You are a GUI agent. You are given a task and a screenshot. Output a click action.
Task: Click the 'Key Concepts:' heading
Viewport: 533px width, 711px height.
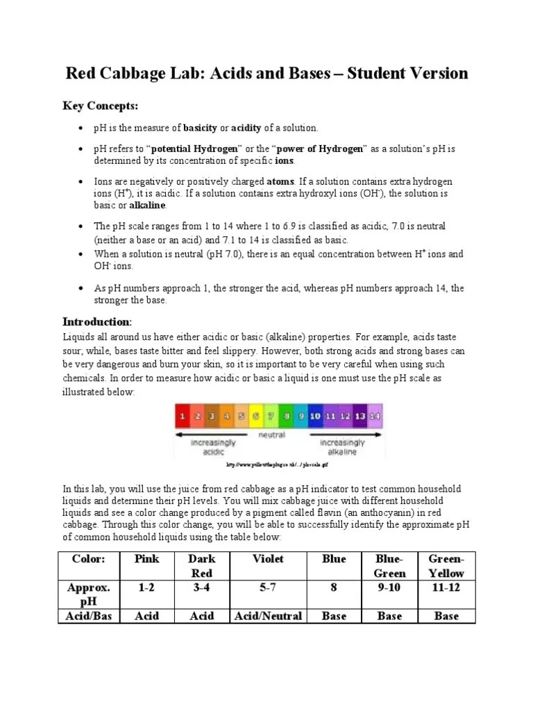tap(101, 106)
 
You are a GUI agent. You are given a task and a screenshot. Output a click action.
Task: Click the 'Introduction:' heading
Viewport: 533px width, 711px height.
tap(96, 321)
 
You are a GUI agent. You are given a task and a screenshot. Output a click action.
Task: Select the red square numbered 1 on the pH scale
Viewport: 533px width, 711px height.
tap(182, 416)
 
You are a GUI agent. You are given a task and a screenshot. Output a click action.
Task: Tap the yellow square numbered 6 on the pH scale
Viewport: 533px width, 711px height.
tap(255, 416)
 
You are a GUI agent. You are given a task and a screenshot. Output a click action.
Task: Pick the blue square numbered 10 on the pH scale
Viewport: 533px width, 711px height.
tap(315, 416)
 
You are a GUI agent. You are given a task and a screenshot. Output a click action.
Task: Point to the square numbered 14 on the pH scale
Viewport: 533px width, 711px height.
tap(375, 416)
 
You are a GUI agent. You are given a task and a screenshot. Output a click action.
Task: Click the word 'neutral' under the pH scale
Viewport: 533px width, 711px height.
tap(271, 435)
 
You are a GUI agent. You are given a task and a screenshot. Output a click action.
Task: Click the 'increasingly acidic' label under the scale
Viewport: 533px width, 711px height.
tap(212, 447)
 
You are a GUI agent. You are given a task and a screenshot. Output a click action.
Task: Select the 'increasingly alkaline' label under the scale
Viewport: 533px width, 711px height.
tap(341, 447)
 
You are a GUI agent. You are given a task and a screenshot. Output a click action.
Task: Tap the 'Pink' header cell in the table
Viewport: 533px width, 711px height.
tap(146, 559)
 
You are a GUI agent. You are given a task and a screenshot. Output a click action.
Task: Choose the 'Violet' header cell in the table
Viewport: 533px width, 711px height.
tap(268, 559)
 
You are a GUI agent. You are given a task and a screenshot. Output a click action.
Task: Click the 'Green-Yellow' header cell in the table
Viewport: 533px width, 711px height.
tap(446, 566)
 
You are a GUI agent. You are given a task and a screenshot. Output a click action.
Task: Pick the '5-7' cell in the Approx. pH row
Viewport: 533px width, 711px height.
tap(268, 587)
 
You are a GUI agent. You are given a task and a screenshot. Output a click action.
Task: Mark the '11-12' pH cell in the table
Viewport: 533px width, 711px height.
tap(446, 587)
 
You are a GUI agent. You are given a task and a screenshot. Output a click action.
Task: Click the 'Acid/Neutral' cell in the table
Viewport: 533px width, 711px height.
tap(268, 616)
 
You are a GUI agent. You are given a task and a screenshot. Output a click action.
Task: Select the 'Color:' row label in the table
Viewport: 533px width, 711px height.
tap(89, 559)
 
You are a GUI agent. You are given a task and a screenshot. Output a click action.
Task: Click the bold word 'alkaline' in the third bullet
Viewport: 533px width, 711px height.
tap(147, 206)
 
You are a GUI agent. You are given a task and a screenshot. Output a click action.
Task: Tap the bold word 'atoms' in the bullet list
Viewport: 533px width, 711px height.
tap(277, 181)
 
